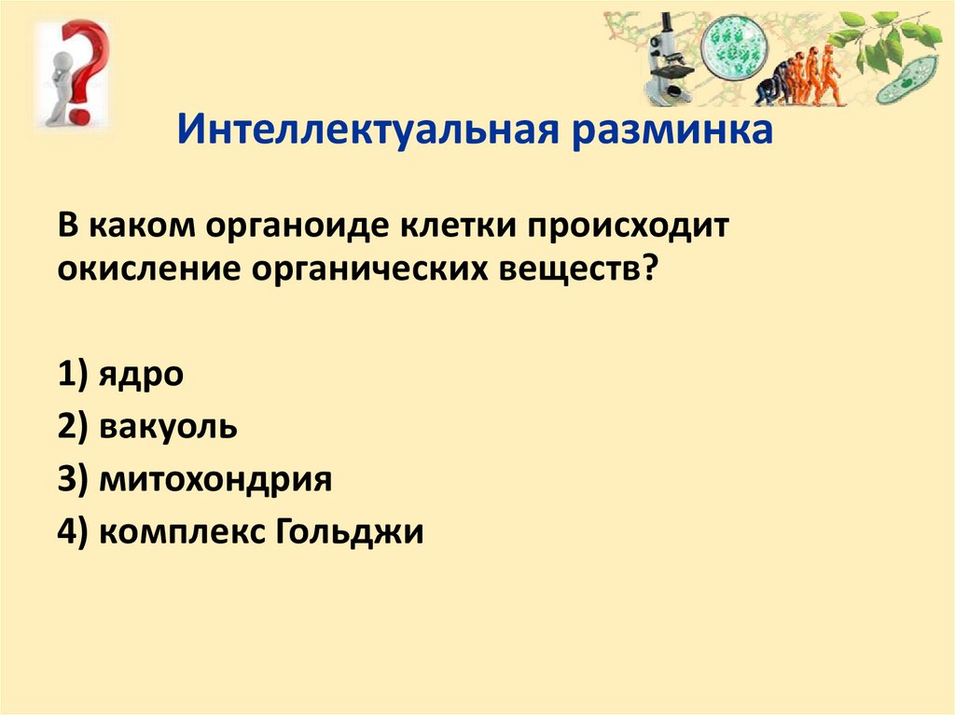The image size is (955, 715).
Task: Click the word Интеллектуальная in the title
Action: (x=367, y=130)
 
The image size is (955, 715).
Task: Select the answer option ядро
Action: (x=141, y=375)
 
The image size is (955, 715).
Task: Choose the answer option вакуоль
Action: (x=168, y=426)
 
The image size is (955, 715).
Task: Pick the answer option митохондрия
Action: (x=215, y=479)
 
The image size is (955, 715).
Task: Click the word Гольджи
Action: (x=349, y=530)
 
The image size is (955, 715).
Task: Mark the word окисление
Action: (x=149, y=268)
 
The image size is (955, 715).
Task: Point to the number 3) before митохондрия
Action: (x=73, y=479)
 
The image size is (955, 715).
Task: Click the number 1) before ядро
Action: (x=73, y=374)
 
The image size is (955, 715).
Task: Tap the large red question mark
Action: (x=90, y=70)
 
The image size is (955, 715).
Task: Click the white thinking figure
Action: (x=59, y=85)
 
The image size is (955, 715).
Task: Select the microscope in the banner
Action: (x=670, y=61)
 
